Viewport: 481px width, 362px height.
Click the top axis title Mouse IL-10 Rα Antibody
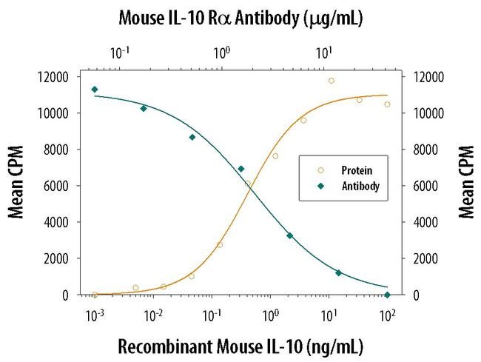(x=240, y=16)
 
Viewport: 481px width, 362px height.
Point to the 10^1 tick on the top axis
(x=323, y=53)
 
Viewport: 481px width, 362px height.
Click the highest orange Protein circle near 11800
(x=331, y=81)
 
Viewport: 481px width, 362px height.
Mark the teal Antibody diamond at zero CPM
(x=387, y=295)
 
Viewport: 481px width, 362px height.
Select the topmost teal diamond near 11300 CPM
(x=95, y=90)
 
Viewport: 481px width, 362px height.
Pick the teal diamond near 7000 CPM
(x=240, y=169)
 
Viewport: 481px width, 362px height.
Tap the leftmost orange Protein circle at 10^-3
(x=95, y=295)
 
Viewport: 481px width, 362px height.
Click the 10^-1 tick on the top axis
(x=118, y=53)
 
